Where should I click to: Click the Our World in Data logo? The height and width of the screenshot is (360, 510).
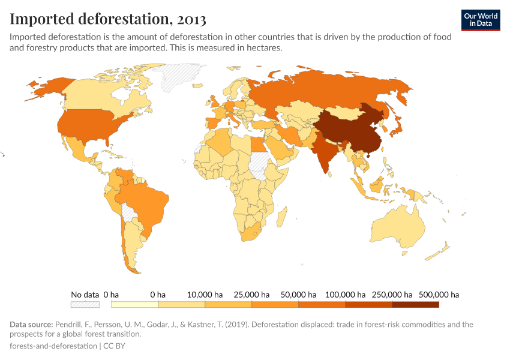[480, 20]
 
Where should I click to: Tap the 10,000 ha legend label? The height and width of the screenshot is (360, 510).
[205, 295]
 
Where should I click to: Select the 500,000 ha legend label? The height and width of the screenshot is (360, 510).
[438, 295]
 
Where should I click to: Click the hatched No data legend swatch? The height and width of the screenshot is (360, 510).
[85, 305]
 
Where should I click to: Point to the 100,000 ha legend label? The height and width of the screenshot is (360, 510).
[344, 295]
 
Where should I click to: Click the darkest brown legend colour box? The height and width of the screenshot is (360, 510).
[416, 305]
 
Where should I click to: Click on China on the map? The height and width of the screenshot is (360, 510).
[351, 132]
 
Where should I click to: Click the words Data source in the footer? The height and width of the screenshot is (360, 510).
[31, 325]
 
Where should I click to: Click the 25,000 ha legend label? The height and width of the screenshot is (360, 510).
[251, 295]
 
